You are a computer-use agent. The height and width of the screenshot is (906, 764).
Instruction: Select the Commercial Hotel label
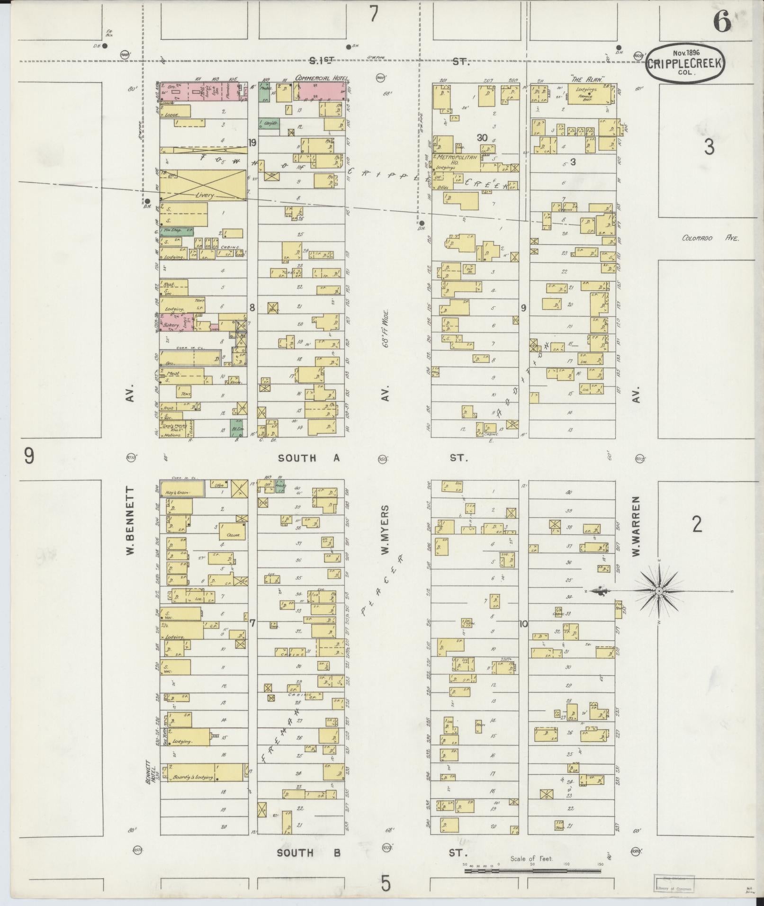(x=321, y=78)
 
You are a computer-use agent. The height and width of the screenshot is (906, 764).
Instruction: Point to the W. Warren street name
(x=636, y=526)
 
